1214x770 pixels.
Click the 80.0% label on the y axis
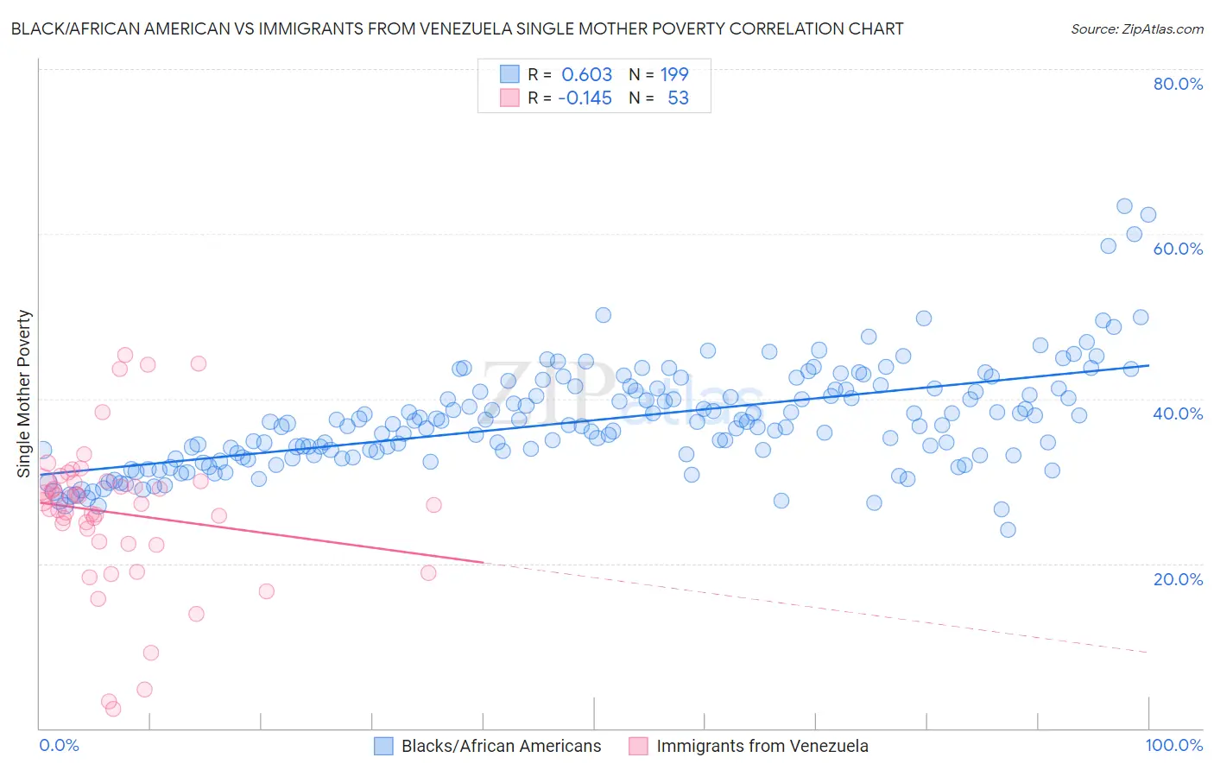[1178, 84]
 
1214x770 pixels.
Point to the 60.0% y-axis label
[1178, 249]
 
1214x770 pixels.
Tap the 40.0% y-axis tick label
[1178, 413]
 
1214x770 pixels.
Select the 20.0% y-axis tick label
[1178, 578]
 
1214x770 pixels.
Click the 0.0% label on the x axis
[59, 745]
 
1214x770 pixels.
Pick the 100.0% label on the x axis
[1173, 745]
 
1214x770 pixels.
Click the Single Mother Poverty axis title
[23, 393]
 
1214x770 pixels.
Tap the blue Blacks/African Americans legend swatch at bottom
[383, 746]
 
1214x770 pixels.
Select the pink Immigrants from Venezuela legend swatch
[638, 746]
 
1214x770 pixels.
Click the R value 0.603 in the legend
[586, 74]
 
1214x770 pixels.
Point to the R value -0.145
[585, 98]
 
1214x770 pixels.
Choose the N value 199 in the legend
[674, 74]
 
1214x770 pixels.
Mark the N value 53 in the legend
[678, 98]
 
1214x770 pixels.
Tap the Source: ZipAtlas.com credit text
[1136, 28]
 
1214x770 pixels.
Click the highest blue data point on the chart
[1124, 206]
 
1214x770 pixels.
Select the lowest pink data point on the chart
[112, 709]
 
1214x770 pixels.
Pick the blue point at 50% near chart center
[604, 315]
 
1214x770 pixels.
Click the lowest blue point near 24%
[1008, 530]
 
